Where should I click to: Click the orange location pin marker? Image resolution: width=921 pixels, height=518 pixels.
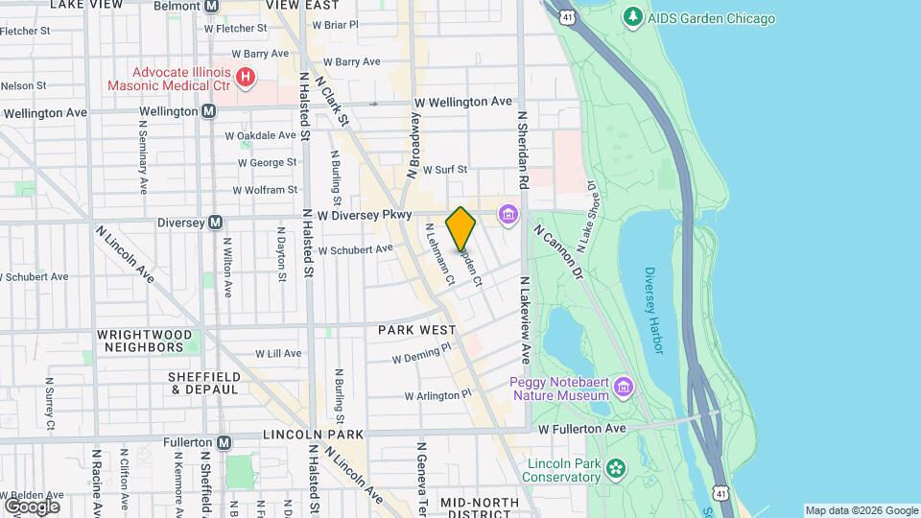coord(461,229)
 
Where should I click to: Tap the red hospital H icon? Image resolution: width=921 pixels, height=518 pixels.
coord(247,76)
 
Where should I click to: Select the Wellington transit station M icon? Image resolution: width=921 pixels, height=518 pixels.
coord(208,111)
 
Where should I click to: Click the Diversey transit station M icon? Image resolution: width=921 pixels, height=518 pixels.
coord(216,222)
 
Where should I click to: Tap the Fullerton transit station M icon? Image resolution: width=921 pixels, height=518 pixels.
coord(224,442)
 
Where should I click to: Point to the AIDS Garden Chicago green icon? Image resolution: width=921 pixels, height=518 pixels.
coord(632,16)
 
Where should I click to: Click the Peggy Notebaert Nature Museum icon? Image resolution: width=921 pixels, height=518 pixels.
coord(625,387)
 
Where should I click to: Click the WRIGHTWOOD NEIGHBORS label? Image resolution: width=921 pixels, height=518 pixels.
coord(147,341)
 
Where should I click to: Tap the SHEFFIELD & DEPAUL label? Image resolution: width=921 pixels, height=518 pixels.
coord(203,383)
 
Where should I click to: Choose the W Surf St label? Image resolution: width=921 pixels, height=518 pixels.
coord(444,169)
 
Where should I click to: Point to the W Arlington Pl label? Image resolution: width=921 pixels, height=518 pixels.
coord(438,394)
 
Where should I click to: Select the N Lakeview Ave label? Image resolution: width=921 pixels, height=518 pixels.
coord(525,320)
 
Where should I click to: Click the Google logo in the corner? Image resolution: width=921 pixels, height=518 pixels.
coord(32,506)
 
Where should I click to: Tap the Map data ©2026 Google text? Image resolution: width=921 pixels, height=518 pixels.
coord(860,510)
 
